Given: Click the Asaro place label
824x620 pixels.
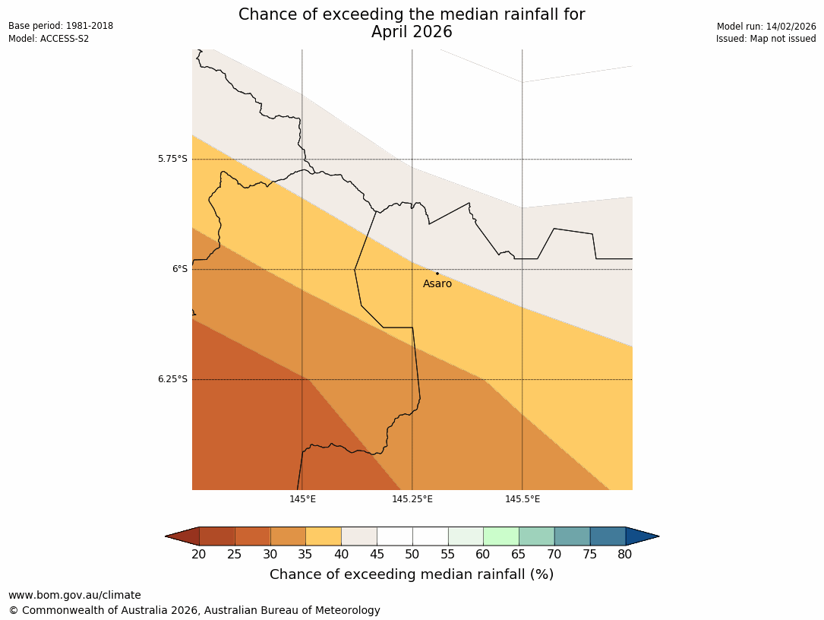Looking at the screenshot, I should [437, 284].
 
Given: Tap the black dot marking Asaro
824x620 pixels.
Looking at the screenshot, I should [437, 274].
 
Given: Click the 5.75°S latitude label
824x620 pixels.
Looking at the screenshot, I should [172, 159].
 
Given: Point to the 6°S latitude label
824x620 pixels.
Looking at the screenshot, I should [179, 269].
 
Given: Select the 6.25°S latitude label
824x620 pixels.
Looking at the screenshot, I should [172, 379].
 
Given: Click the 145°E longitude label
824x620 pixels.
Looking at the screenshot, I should [302, 499].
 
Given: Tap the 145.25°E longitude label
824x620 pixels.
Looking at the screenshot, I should [412, 499].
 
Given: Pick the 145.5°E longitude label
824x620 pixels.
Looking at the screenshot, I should [522, 499].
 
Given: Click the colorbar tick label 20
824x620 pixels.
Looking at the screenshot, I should [199, 555].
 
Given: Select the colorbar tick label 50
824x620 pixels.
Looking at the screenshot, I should [412, 555].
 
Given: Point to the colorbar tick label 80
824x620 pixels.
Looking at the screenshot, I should [625, 555].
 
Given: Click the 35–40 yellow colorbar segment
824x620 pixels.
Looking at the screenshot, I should [324, 536].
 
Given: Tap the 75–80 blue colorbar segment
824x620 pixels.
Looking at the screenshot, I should [608, 536].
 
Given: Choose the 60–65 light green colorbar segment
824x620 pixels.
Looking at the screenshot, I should [501, 536].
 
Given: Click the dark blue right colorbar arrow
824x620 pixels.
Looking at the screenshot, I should [641, 536].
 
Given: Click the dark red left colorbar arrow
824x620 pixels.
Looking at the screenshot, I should [183, 536].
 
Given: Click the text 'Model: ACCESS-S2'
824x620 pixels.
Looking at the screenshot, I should [49, 39].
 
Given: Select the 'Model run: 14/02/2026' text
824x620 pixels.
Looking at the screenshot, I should [766, 27].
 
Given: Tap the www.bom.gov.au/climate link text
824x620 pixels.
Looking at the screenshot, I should [74, 596].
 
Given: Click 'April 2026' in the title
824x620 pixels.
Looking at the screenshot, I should [412, 32].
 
